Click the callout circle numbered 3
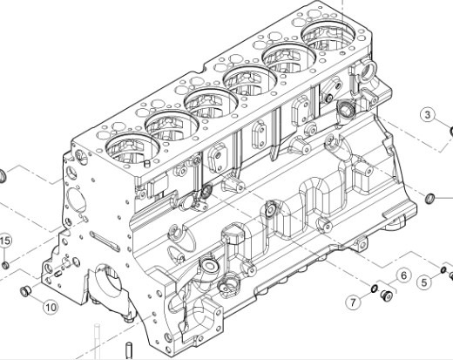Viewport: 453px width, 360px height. [428, 115]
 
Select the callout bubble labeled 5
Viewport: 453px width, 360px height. [424, 281]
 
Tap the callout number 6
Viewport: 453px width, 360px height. [403, 276]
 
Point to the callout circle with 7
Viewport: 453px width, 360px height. [354, 302]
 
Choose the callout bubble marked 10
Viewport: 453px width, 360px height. [50, 306]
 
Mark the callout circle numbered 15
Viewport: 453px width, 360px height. [4, 241]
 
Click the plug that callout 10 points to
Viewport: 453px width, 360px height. [25, 291]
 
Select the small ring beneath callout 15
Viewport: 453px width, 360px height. [4, 264]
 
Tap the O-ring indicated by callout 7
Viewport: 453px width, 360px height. [372, 290]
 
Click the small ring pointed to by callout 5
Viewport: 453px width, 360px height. [443, 270]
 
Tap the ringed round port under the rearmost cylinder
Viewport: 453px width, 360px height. [344, 110]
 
